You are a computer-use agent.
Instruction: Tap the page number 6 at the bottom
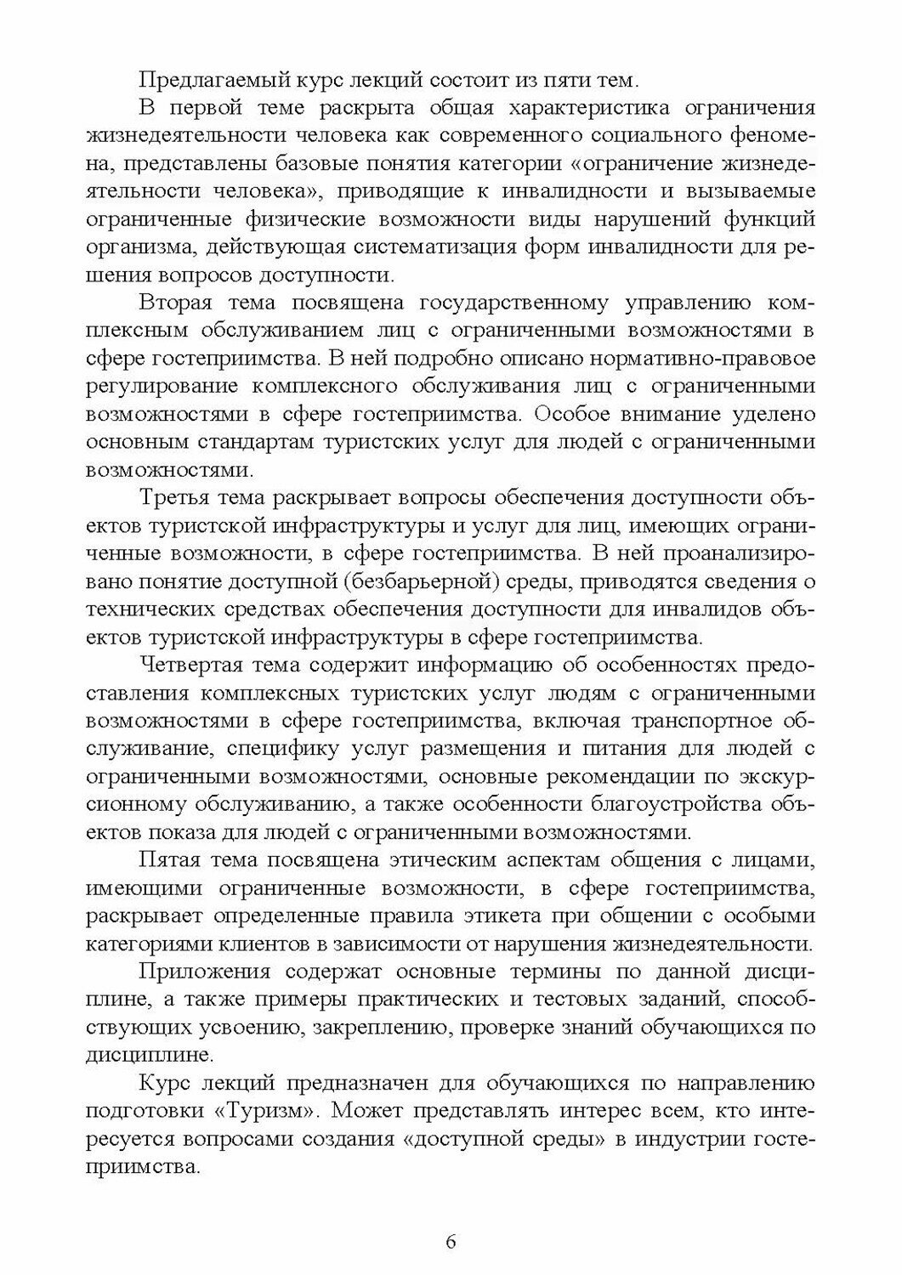click(x=451, y=1240)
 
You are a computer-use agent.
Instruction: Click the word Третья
click(x=176, y=496)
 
